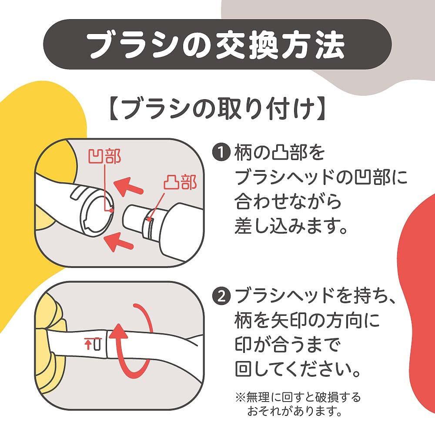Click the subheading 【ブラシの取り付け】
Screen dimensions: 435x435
coord(217,109)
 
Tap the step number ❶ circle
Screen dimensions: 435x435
coord(221,152)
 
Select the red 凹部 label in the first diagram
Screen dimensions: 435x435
coord(105,156)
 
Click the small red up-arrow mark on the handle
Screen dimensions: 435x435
coord(88,345)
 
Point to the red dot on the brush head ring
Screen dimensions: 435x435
coord(111,211)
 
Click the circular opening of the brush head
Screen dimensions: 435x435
coord(97,213)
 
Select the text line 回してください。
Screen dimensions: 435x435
coord(298,369)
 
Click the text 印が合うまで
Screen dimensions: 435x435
coord(288,344)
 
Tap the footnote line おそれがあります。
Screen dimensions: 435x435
coord(294,411)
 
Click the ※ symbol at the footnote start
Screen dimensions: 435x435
coord(240,397)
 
